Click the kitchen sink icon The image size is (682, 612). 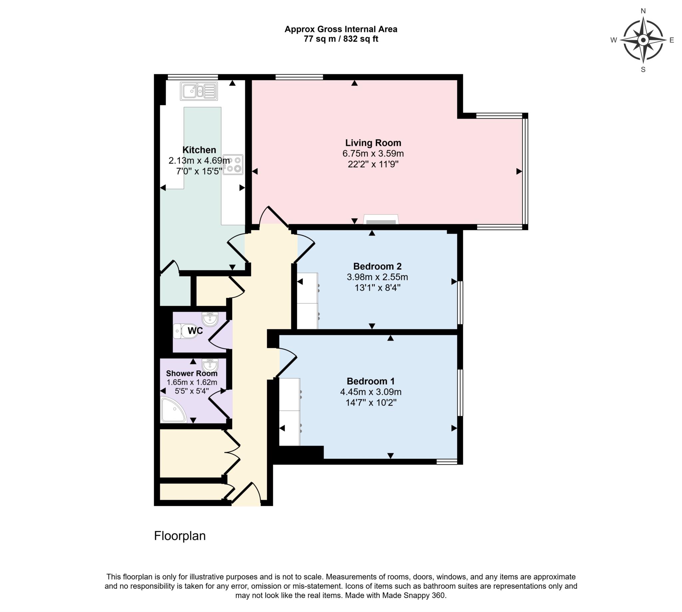[x=198, y=91]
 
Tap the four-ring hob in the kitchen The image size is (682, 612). [x=233, y=164]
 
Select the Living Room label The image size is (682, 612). [x=373, y=143]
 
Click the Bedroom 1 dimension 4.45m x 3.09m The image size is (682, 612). [x=371, y=392]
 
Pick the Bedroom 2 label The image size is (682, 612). [x=377, y=266]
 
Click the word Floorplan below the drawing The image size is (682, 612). [x=180, y=536]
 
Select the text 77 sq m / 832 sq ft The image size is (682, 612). [x=341, y=39]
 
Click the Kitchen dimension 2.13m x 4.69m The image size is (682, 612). [x=199, y=160]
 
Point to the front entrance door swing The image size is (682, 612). [x=248, y=494]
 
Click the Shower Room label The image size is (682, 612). [x=191, y=373]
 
